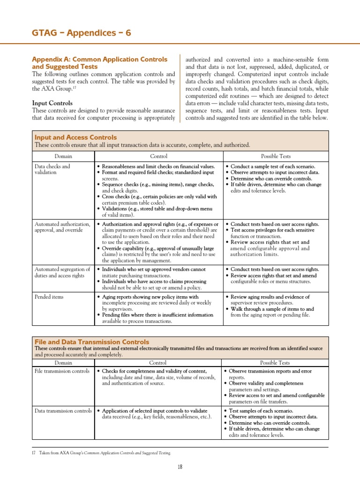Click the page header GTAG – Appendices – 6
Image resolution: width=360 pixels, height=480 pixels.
tap(81, 32)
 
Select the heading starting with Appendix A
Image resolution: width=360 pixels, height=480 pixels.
tap(99, 63)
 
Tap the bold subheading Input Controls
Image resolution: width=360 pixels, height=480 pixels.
tap(52, 103)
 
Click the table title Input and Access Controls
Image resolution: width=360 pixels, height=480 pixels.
tap(75, 137)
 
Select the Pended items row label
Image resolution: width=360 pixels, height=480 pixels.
tap(49, 297)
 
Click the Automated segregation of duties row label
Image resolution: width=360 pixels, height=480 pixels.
tap(62, 272)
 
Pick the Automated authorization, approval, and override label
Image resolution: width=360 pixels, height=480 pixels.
tap(62, 227)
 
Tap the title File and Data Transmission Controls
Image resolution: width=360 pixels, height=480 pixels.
tap(92, 342)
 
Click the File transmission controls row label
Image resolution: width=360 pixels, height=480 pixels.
tap(62, 371)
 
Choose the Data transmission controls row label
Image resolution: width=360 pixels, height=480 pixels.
tap(63, 411)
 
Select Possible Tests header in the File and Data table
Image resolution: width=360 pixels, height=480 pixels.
tap(275, 362)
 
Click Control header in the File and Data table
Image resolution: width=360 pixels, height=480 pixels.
tap(157, 362)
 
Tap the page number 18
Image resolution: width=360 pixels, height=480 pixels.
tap(180, 467)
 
